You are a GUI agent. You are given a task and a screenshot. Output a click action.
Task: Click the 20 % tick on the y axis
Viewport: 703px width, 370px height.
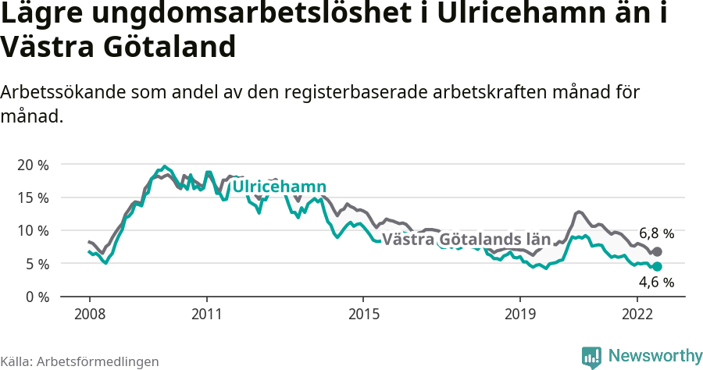(33, 165)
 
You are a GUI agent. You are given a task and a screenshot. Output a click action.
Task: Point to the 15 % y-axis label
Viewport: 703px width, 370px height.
(33, 197)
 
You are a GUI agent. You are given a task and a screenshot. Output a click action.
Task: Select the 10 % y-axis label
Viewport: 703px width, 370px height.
(33, 230)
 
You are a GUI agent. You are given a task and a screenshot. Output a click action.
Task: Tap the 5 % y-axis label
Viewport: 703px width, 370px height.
(37, 264)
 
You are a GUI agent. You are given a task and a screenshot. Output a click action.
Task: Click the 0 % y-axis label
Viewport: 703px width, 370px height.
(37, 297)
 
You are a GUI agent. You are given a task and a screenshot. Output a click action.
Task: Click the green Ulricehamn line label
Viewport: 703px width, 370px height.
(280, 187)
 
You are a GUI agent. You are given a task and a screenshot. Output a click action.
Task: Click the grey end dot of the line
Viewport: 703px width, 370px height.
(657, 251)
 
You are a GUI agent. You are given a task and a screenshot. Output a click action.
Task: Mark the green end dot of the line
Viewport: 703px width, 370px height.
(657, 267)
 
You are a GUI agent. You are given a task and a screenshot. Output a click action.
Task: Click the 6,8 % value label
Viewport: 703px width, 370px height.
(656, 233)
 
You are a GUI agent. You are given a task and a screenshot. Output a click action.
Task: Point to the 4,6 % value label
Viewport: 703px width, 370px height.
(656, 283)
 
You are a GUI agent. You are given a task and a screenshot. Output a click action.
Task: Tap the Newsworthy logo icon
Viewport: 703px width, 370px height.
(591, 357)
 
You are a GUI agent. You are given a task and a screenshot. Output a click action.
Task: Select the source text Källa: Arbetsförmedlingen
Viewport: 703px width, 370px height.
(80, 361)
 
